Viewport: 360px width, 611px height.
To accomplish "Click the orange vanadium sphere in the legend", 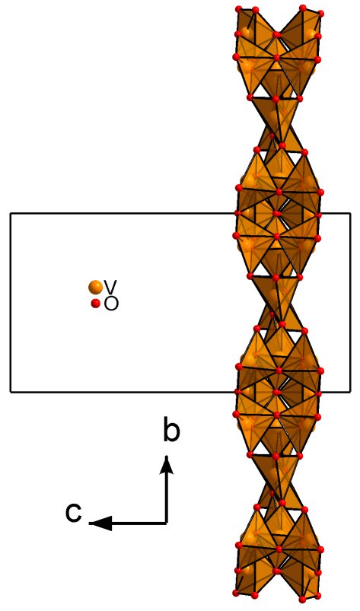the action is pyautogui.click(x=95, y=288).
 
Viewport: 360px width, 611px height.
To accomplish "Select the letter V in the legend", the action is pyautogui.click(x=111, y=287).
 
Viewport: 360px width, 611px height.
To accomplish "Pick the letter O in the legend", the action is pyautogui.click(x=111, y=304).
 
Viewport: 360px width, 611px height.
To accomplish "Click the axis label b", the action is pyautogui.click(x=171, y=431).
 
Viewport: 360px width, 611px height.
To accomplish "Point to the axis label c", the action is pyautogui.click(x=74, y=513).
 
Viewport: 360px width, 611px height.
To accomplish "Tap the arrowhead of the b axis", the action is pyautogui.click(x=167, y=464).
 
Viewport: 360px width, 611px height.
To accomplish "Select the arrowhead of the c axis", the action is pyautogui.click(x=100, y=523).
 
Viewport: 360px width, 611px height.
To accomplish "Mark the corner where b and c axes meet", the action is pyautogui.click(x=167, y=523).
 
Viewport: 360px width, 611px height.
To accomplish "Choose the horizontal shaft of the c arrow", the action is pyautogui.click(x=139, y=523).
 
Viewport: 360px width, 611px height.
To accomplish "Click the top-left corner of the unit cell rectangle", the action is pyautogui.click(x=11, y=213).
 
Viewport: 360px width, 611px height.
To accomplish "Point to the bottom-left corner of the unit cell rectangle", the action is pyautogui.click(x=11, y=391).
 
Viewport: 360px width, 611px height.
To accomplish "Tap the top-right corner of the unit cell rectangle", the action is pyautogui.click(x=351, y=213).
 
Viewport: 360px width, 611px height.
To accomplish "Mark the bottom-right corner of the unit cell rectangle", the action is pyautogui.click(x=351, y=391).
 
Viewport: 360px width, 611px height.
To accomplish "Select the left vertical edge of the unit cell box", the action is pyautogui.click(x=11, y=302).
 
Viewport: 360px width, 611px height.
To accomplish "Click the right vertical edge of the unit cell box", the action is pyautogui.click(x=351, y=302).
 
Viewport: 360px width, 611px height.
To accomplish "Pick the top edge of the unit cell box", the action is pyautogui.click(x=117, y=213).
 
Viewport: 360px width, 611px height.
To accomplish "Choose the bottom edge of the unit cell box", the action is pyautogui.click(x=117, y=391).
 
